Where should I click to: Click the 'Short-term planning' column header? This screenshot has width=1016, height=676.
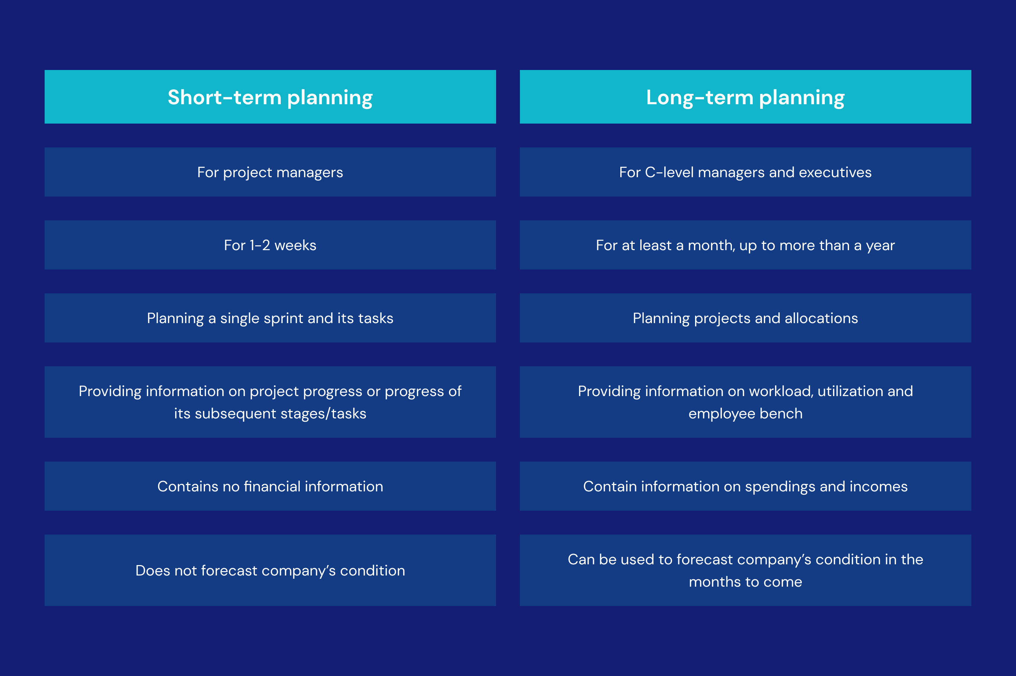pos(270,97)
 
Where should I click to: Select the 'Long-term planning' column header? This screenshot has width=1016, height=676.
pos(745,97)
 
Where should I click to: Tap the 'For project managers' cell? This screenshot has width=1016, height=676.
pos(270,172)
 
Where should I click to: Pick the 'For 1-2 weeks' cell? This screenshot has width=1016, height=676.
pos(270,245)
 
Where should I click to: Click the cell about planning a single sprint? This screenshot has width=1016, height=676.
pos(270,318)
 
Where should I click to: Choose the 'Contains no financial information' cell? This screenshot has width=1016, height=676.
pos(270,486)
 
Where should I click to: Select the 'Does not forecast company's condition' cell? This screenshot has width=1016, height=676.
pos(270,570)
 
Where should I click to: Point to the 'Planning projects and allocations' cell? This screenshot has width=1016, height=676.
pos(745,318)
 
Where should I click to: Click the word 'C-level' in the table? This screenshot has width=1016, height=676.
pos(669,172)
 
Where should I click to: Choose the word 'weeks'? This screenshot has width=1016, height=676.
pos(295,245)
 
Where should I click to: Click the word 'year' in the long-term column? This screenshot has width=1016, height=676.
pos(880,245)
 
